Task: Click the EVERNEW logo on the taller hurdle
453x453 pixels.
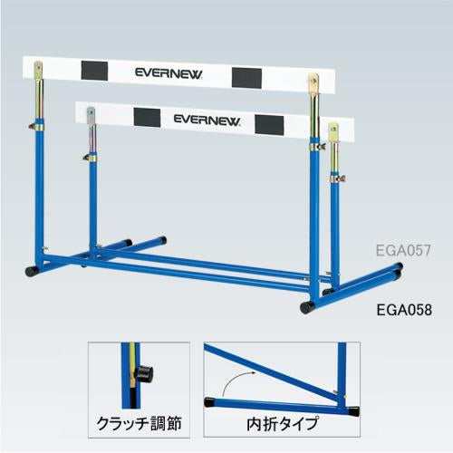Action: [x=169, y=73]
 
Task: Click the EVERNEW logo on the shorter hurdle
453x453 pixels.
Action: [x=207, y=120]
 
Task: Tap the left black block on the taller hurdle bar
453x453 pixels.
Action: [x=94, y=71]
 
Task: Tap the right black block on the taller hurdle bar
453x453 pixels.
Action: [x=246, y=78]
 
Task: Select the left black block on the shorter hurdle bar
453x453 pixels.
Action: [x=147, y=118]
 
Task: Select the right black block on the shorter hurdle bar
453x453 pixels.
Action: [x=269, y=125]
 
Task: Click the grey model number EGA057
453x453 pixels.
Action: [x=403, y=250]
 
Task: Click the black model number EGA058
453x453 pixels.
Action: [x=404, y=310]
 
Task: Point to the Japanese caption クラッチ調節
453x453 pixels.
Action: [x=139, y=423]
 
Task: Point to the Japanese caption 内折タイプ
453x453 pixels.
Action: [x=283, y=423]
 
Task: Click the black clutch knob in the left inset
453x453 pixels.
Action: [x=145, y=374]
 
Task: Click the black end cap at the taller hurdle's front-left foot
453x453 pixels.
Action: [x=32, y=271]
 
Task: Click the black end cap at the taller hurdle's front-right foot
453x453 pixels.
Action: [x=307, y=307]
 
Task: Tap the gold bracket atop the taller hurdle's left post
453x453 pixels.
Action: [x=38, y=71]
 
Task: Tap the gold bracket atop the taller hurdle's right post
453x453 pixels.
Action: [x=313, y=83]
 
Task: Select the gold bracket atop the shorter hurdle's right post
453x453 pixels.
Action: [x=333, y=131]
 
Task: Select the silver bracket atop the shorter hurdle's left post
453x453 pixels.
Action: [x=92, y=115]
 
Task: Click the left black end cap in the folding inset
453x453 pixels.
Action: [x=209, y=402]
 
